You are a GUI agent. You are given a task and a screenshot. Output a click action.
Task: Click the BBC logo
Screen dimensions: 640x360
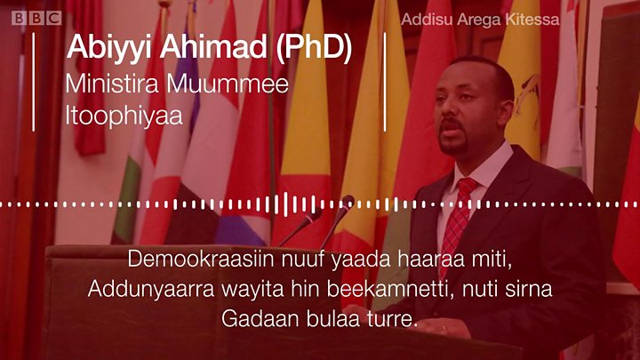36,18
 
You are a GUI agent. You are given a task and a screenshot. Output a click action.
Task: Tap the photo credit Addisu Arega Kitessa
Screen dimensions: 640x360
480,20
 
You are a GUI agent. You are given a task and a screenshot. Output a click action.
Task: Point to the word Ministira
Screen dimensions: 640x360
112,84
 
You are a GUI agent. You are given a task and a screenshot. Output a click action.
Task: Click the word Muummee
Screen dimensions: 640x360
228,84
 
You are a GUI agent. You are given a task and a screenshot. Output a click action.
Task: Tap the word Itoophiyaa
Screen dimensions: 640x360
124,115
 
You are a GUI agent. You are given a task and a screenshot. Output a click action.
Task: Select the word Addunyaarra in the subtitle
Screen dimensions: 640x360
151,289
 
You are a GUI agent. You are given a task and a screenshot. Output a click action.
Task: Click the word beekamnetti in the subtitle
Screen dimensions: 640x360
391,289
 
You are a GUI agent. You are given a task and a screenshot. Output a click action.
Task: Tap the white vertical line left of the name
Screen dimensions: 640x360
33,82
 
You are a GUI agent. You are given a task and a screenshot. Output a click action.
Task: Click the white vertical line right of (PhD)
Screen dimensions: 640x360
385,82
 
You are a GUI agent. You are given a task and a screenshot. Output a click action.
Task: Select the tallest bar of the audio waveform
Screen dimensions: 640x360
285,204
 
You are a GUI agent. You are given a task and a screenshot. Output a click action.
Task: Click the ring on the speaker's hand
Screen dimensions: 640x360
444,328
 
